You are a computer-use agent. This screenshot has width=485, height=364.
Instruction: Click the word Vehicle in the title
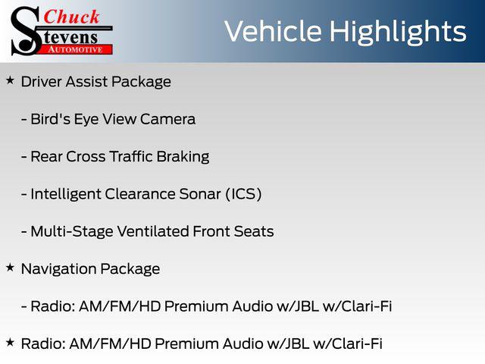(273, 32)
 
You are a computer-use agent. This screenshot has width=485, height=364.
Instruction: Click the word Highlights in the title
(397, 33)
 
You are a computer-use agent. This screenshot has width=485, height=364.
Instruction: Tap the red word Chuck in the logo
(71, 17)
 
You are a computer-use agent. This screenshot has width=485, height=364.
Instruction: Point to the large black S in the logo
(26, 31)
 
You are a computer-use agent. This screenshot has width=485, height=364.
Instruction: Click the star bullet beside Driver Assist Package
(10, 80)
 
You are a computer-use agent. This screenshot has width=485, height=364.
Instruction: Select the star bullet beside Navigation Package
(10, 268)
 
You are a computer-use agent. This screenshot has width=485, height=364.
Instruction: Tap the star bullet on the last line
(10, 342)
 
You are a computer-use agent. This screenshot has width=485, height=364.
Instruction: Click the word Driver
(42, 82)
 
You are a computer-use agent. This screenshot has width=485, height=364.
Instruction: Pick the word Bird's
(51, 119)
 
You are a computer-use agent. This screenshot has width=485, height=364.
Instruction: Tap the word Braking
(183, 157)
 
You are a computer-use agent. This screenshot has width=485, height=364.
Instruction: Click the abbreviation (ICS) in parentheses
(243, 194)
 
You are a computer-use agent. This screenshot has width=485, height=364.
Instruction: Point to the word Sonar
(200, 194)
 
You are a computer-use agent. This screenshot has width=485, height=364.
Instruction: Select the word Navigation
(58, 269)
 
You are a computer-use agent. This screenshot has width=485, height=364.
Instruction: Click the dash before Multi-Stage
(24, 232)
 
